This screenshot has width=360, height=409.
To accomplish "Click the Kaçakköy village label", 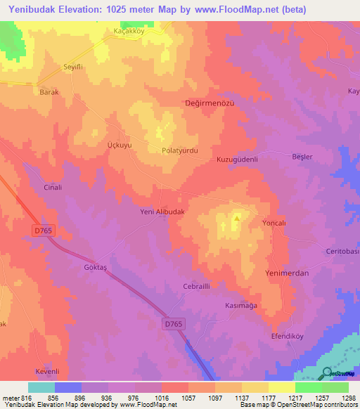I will (x=129, y=32).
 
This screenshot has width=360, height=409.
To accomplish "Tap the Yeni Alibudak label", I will (x=162, y=212).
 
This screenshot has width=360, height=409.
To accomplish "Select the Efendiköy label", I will (x=286, y=337).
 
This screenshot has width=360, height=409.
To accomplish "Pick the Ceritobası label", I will (x=342, y=252).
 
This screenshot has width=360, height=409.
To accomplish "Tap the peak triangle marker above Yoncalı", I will (x=237, y=218).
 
